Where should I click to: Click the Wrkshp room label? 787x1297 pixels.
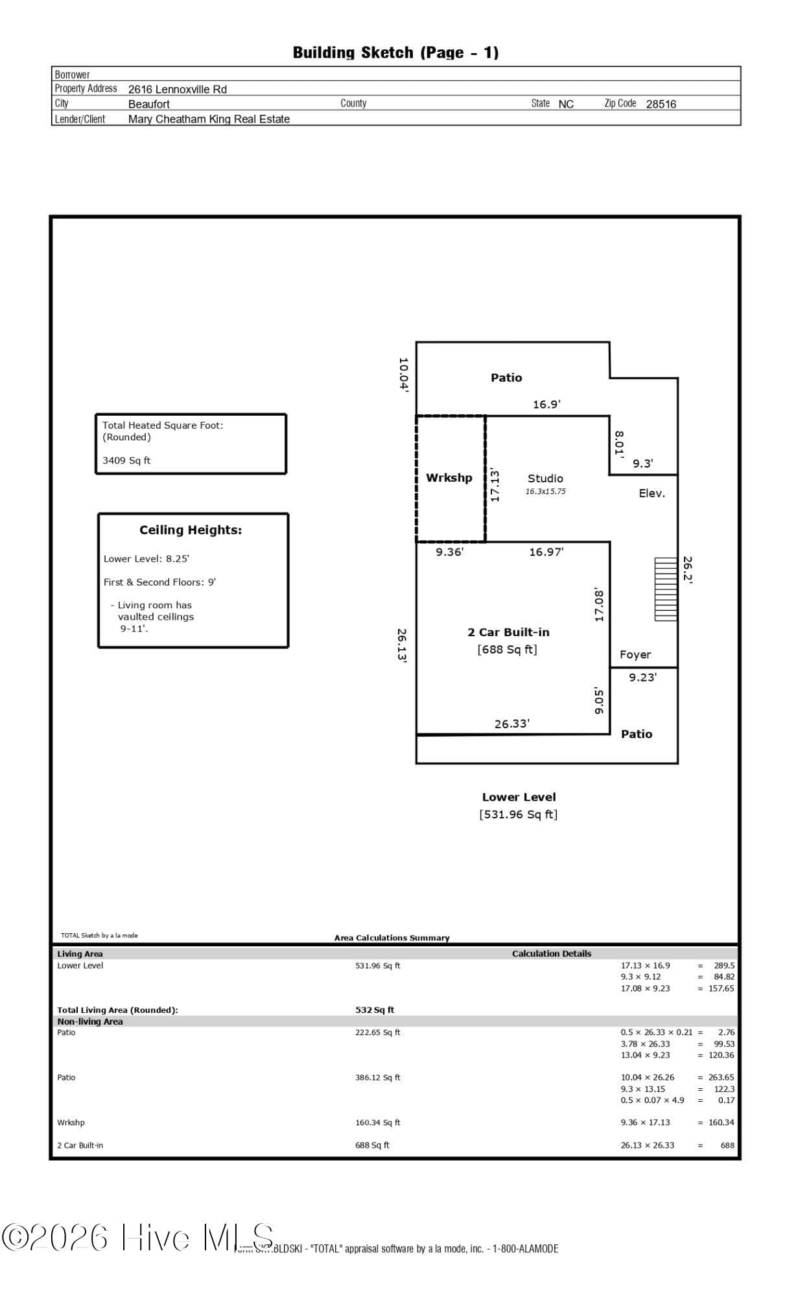[x=449, y=478]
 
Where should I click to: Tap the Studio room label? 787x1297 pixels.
[x=545, y=479]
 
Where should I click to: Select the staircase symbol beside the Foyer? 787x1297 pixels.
[x=666, y=589]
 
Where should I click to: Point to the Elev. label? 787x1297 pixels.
[x=652, y=494]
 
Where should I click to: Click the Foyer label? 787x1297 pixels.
[x=635, y=655]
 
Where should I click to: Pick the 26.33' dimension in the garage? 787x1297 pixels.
[x=511, y=724]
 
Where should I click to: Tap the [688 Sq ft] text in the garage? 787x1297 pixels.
[x=507, y=650]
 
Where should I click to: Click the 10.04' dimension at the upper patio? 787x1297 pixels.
[x=403, y=375]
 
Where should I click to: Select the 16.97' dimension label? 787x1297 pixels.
[x=546, y=552]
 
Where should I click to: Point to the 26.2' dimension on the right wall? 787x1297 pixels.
[x=688, y=570]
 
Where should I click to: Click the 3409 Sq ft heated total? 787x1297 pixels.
[x=126, y=460]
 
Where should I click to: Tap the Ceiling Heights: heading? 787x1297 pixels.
[x=191, y=530]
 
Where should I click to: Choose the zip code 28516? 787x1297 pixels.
[x=661, y=104]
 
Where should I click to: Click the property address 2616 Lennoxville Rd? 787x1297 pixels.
[x=178, y=89]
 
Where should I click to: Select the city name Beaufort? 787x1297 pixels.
[x=149, y=104]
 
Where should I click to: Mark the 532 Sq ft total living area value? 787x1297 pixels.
[x=375, y=1010]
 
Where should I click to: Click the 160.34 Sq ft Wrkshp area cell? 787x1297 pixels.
[x=377, y=1123]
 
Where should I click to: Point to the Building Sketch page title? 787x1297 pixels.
[x=395, y=53]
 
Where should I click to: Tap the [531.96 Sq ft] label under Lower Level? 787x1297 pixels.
[x=519, y=815]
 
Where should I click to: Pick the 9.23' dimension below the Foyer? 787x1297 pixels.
[x=642, y=678]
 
